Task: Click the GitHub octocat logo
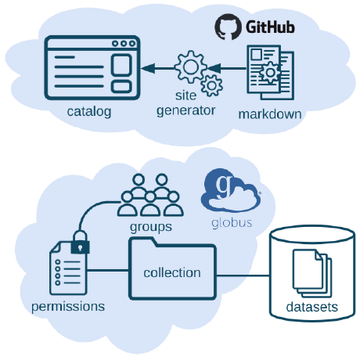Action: [x=227, y=27]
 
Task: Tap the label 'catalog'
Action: [x=89, y=111]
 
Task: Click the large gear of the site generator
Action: [x=189, y=67]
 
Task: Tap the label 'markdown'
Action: [x=270, y=114]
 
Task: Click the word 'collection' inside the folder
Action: [x=172, y=273]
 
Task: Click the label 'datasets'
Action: [x=311, y=307]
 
